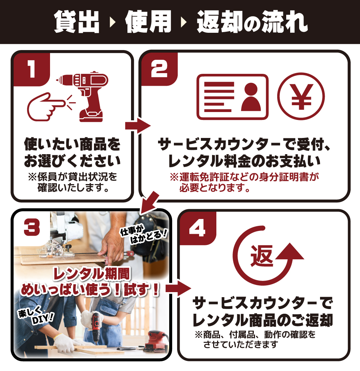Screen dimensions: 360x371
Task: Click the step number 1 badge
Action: [x=31, y=68]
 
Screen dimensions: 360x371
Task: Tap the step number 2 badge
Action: [x=159, y=68]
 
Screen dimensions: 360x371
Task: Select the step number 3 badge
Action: [x=32, y=228]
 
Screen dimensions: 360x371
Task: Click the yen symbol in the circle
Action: [x=301, y=97]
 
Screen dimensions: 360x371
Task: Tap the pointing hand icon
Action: [x=46, y=107]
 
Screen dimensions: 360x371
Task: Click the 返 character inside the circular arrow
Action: [x=262, y=256]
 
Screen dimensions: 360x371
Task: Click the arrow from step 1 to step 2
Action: [x=138, y=126]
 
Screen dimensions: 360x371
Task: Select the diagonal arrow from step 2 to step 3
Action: [x=149, y=202]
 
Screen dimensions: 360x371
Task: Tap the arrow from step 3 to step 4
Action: [x=178, y=289]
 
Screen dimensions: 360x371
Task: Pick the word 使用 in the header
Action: [x=148, y=22]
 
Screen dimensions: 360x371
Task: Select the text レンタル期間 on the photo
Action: [x=91, y=274]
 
